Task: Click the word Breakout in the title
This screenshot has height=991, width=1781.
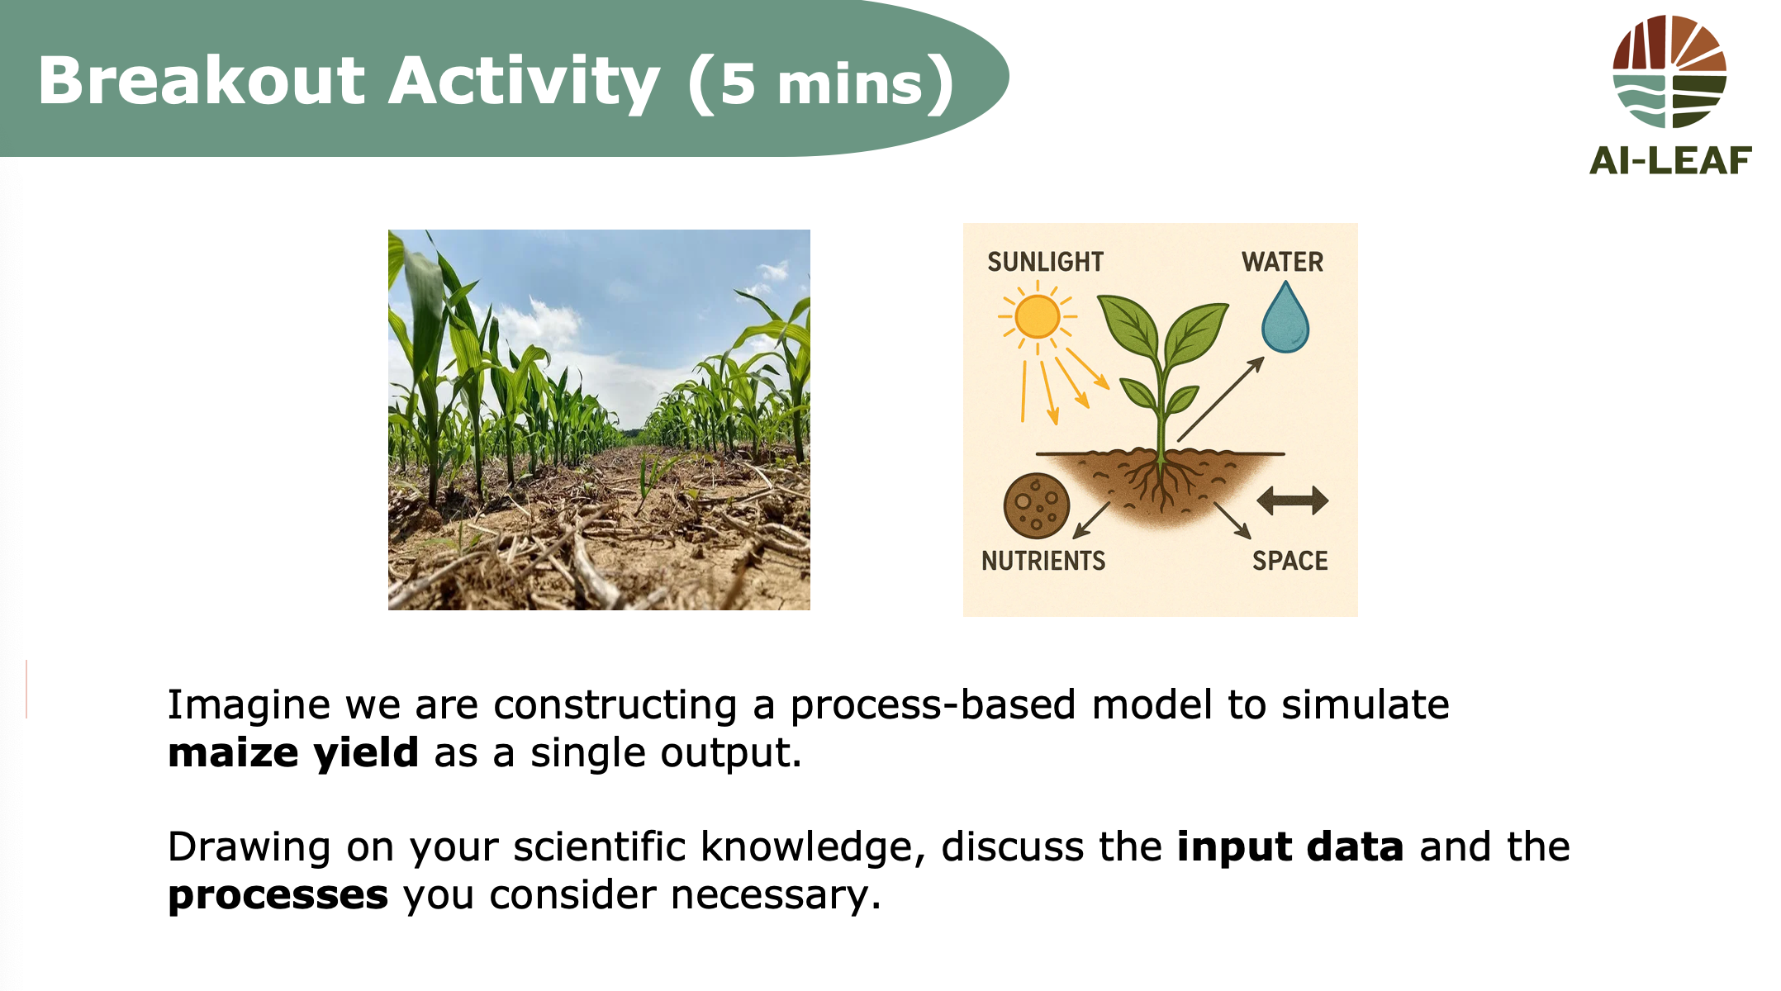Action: pos(202,81)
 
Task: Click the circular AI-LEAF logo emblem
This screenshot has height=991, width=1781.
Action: pos(1669,71)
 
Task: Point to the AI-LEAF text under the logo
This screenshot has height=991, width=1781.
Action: pos(1670,160)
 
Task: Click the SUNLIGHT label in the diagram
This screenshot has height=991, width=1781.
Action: pos(1046,262)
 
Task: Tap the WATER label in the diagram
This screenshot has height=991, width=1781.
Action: pos(1282,262)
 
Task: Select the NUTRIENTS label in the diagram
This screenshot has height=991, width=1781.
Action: pos(1043,561)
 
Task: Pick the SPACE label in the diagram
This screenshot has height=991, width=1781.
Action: pos(1289,561)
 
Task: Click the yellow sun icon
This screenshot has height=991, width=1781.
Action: pos(1038,316)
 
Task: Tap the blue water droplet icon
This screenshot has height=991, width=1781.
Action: pos(1285,318)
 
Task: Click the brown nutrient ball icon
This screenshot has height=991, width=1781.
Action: pos(1037,505)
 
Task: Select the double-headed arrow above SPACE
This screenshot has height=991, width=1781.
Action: pos(1293,500)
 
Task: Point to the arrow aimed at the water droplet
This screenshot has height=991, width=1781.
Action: pos(1221,399)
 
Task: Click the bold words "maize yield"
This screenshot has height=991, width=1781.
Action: pos(293,753)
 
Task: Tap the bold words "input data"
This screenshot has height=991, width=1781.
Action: pos(1290,847)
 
